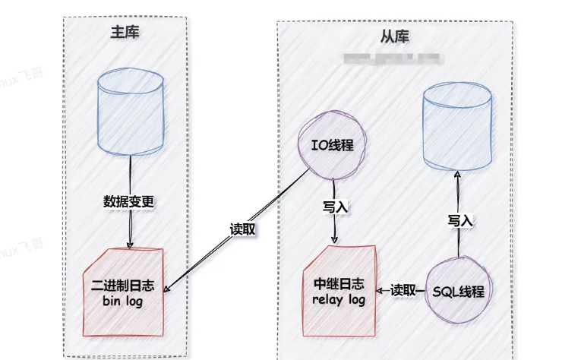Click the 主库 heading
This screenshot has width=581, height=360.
(x=125, y=33)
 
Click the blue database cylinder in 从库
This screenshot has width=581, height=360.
(x=457, y=125)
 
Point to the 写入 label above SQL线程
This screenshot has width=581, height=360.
(x=459, y=220)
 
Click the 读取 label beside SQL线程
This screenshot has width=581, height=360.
(x=403, y=290)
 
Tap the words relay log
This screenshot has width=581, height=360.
(x=339, y=300)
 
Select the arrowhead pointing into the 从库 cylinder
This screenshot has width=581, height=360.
(x=457, y=174)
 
